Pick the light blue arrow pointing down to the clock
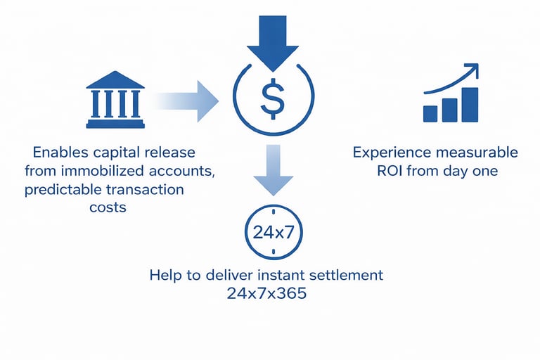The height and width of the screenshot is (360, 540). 271,172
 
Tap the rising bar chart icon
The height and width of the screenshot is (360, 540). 451,96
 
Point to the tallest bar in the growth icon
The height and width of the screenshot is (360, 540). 470,104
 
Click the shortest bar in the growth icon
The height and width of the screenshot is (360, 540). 430,113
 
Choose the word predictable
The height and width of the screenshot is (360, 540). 65,189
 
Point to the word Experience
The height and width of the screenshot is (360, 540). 389,153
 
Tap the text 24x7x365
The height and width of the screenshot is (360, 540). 266,293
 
